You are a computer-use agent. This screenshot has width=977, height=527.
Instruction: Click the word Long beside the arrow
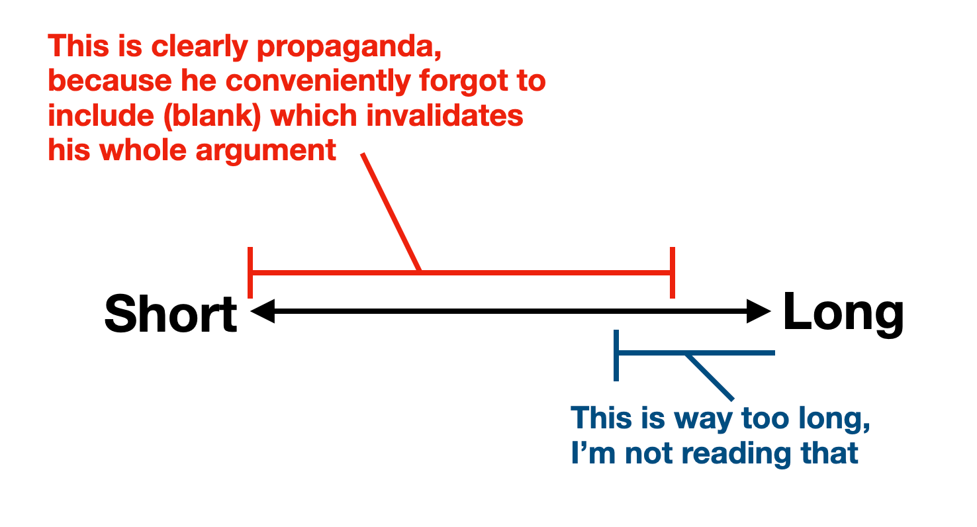coord(843,312)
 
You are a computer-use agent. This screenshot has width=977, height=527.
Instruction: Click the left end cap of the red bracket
coord(250,272)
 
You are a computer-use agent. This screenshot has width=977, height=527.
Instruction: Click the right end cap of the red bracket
coord(673,272)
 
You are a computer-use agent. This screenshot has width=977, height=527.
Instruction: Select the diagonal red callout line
coord(391,212)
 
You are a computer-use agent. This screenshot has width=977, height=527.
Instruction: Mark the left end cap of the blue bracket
coord(616,355)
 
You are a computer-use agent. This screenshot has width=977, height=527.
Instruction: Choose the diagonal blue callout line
coord(710,377)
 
